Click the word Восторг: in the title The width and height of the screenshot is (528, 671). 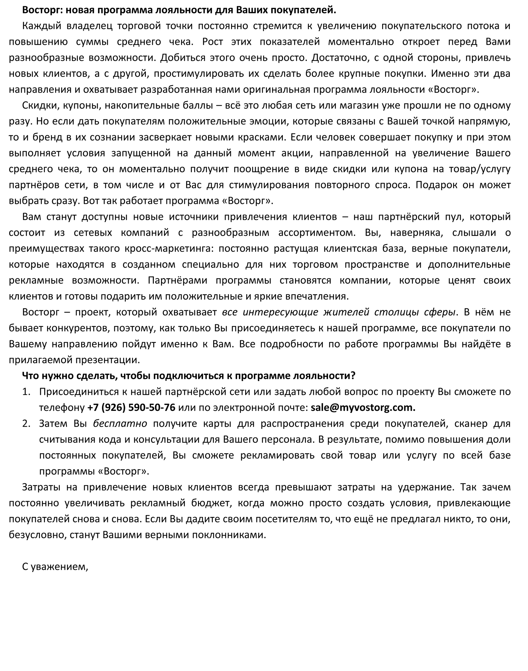point(42,10)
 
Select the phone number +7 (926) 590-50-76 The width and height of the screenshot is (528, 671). point(131,408)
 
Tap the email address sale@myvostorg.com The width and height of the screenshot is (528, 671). point(363,408)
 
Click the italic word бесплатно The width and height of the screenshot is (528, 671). point(120,423)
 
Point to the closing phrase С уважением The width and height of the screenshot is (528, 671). point(55,566)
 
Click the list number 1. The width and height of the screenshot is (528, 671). point(26,392)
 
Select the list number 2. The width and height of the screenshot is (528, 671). point(26,423)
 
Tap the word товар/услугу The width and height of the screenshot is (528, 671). point(478,169)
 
